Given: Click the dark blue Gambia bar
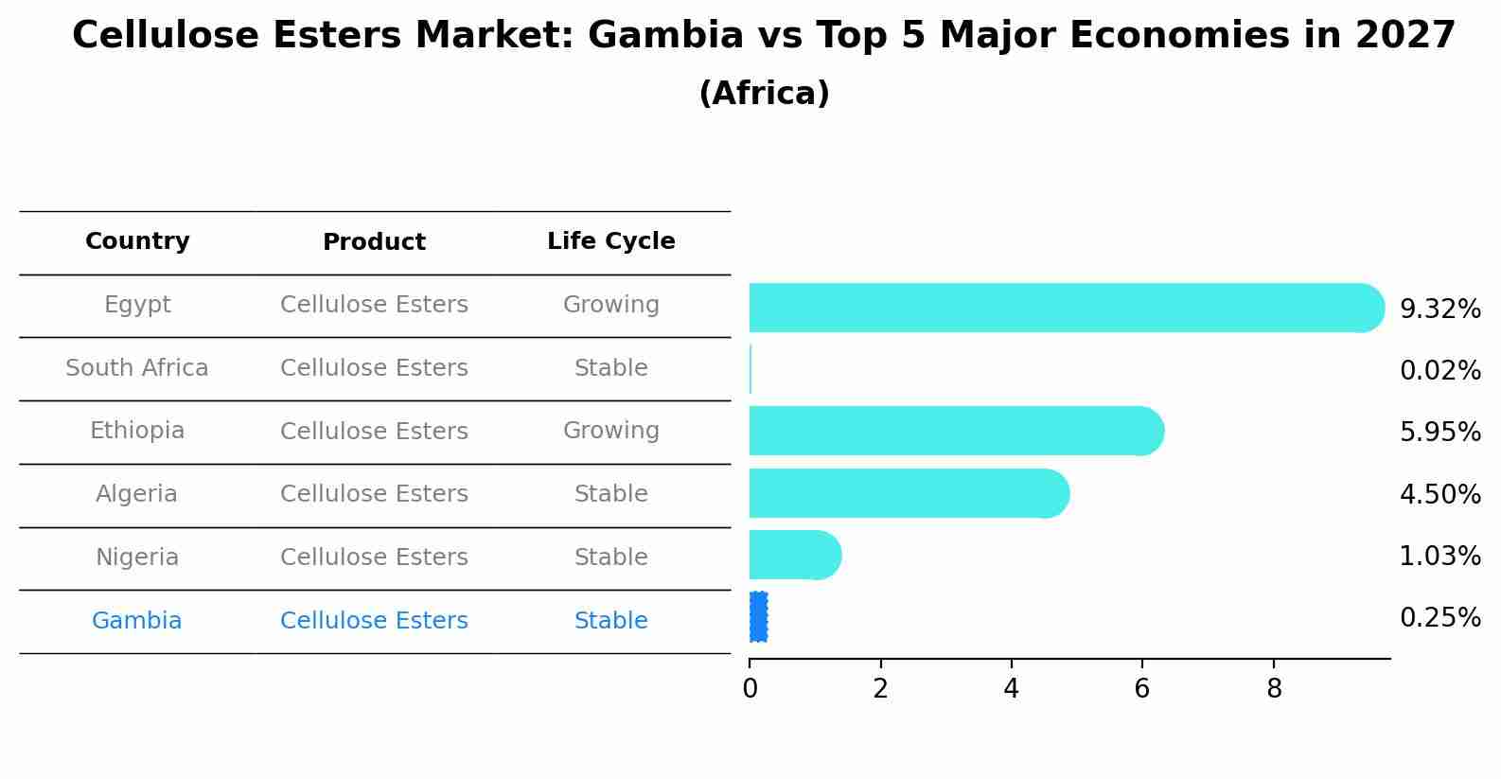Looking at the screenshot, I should click(758, 617).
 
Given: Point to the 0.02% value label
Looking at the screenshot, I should click(1439, 370).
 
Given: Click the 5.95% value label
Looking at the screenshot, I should click(1439, 433).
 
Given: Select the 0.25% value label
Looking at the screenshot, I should click(1439, 618).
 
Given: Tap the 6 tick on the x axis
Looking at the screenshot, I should click(1141, 689).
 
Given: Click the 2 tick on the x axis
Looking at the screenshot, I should click(880, 689).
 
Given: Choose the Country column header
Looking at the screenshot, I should click(137, 241).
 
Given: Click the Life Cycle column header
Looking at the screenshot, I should click(610, 241).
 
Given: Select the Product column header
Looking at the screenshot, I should click(374, 242).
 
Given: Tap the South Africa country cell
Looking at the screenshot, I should click(137, 368).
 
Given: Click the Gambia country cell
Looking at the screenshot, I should click(137, 621).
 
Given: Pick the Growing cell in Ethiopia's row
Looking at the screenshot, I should click(610, 431).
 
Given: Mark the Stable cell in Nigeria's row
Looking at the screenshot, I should click(610, 558).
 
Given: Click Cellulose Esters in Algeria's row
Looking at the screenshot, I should click(374, 494).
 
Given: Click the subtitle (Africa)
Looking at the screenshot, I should click(764, 94).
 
